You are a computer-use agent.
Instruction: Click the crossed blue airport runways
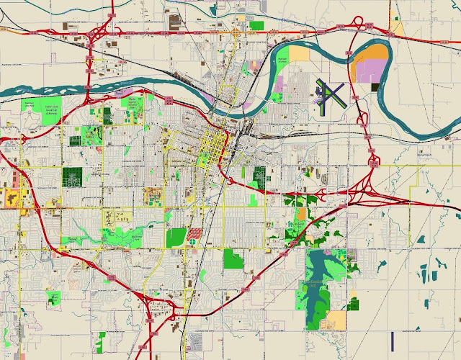click(x=331, y=94)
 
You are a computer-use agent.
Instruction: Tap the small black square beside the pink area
click(x=375, y=87)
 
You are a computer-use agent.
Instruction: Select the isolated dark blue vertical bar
click(x=392, y=339)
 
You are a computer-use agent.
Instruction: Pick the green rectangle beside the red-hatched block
click(x=176, y=238)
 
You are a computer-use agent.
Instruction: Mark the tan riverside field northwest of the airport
click(x=299, y=53)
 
